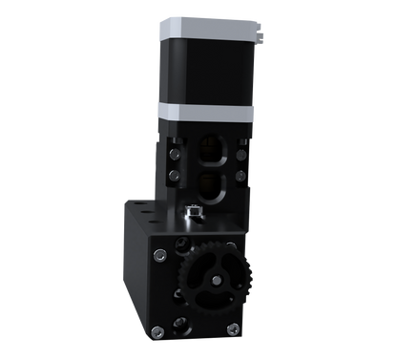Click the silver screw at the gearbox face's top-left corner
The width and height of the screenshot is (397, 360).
161,253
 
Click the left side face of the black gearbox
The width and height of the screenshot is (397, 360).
135,267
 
